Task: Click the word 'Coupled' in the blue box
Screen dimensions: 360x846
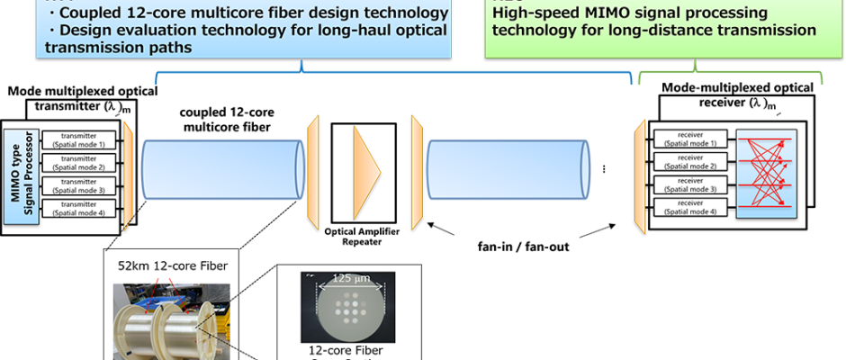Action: pos(92,13)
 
